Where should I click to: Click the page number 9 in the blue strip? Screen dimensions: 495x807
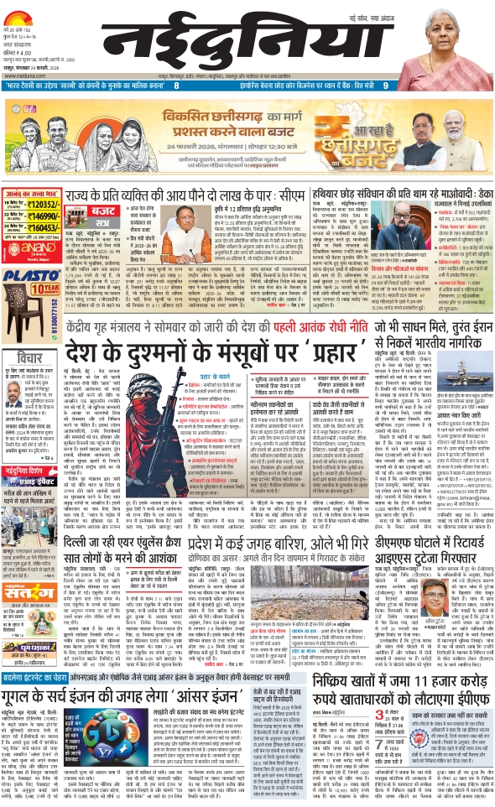pyautogui.click(x=384, y=84)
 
